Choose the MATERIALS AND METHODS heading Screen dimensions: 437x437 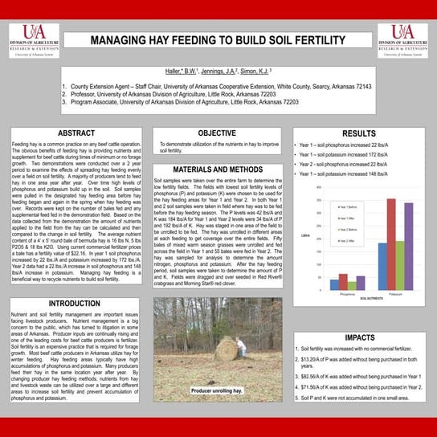(217, 169)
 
